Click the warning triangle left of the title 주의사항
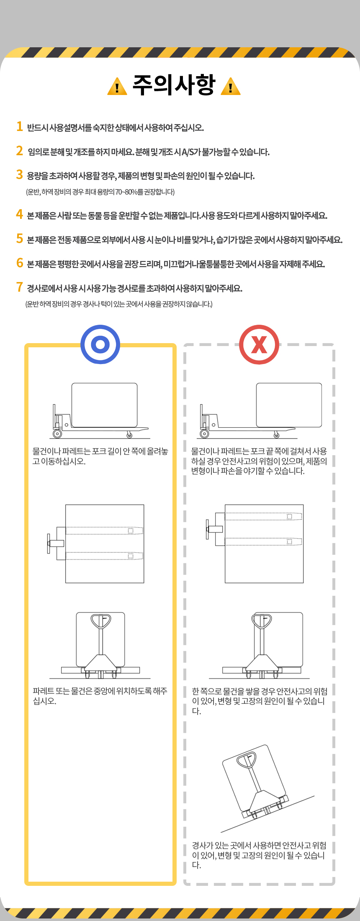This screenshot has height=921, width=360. point(117,87)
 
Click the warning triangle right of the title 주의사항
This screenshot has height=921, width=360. point(230,87)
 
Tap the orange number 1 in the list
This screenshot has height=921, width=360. point(19,126)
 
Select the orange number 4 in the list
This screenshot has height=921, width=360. point(19,214)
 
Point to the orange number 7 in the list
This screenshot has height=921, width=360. point(19,287)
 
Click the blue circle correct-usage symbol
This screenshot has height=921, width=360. point(100,344)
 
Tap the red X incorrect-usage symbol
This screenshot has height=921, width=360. point(259,344)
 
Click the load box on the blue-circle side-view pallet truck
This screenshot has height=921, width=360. point(104,405)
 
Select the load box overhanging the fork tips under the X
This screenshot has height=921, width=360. point(289,405)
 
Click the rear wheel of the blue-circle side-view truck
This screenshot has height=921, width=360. point(57,434)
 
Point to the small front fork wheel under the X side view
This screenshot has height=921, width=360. point(277,435)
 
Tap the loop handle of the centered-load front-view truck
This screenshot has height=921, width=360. point(101,621)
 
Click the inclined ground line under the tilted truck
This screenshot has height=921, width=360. point(268,814)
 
